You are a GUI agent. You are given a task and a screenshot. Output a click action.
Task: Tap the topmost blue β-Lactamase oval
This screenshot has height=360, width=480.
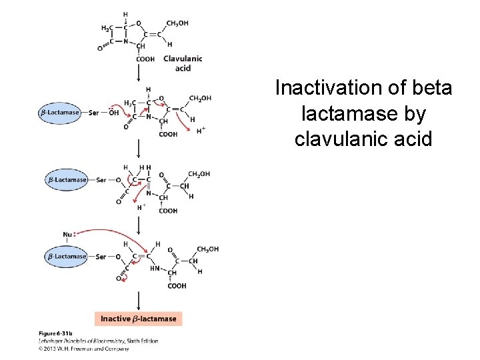(60, 113)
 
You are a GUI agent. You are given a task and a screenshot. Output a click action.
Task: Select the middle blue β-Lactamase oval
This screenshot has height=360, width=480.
(67, 179)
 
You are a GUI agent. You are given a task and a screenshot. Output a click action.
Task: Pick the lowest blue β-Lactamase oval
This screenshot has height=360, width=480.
(67, 257)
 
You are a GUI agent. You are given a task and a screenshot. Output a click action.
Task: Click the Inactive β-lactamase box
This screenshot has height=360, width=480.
(138, 319)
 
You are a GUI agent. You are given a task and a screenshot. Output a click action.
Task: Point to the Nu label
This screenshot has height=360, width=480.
(67, 234)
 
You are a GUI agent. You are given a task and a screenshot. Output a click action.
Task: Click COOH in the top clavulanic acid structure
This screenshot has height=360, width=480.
(145, 59)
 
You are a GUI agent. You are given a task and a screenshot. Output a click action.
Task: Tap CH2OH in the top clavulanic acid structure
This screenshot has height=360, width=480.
(177, 23)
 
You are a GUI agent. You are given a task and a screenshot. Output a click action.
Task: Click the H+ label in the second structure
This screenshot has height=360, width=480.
(201, 130)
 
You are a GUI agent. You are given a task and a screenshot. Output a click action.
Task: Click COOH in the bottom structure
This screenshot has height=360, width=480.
(177, 287)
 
